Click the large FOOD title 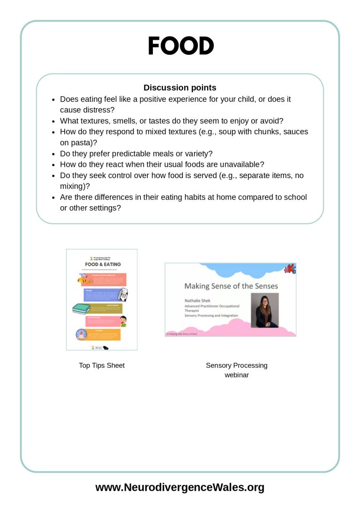click(x=180, y=46)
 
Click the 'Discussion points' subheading click(x=180, y=88)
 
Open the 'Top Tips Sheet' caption click(x=102, y=366)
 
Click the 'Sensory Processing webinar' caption click(x=236, y=370)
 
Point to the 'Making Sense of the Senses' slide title click(x=231, y=286)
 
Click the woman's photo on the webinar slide click(x=265, y=310)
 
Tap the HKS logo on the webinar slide click(x=289, y=269)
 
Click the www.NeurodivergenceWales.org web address click(x=180, y=487)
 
